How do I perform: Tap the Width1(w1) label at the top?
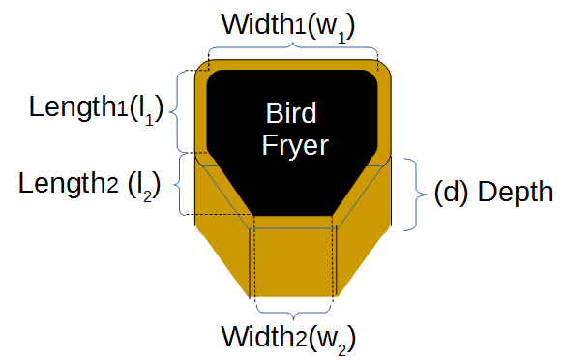click(x=287, y=24)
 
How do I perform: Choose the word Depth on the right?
click(x=519, y=190)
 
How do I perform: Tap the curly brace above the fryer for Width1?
click(x=293, y=47)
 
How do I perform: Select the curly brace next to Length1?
click(x=176, y=111)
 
